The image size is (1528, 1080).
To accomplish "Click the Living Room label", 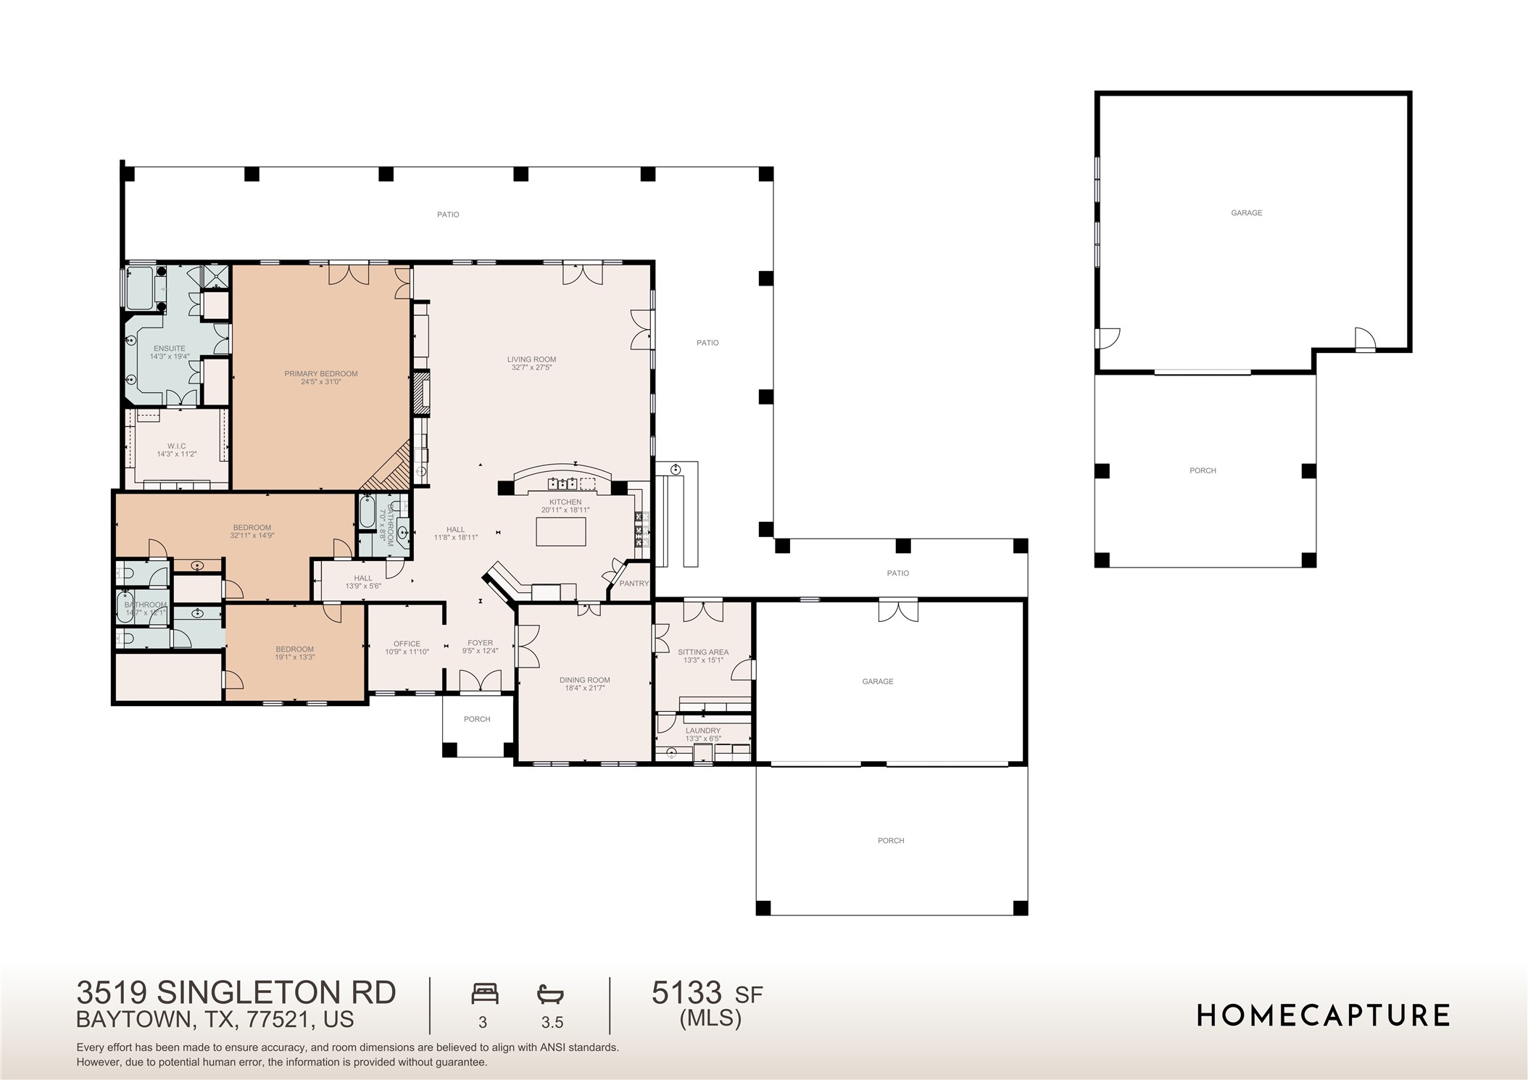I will coord(531,360).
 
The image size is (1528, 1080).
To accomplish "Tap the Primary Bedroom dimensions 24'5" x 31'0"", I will coord(321,382).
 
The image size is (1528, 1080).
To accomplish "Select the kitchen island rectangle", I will coord(561,531).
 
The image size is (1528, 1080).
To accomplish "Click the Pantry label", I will coord(634,583).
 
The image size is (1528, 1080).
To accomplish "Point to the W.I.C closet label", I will coord(177,446).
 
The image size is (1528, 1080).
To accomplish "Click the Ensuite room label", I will coord(169,349).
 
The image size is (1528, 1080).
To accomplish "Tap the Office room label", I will coord(407,644).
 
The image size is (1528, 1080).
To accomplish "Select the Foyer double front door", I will coord(481,681).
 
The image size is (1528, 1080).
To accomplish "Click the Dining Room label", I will coord(584,680).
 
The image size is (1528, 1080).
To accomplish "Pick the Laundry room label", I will coord(702,731).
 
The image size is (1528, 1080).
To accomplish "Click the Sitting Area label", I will coord(702,652).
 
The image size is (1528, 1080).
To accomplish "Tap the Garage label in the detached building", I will coord(1246,213).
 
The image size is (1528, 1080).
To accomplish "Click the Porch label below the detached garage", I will coord(1203,471).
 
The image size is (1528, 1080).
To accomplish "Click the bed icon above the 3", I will coord(485,993).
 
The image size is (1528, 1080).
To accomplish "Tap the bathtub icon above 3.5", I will coord(550,993).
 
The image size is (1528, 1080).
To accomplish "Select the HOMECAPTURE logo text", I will coord(1323,1015).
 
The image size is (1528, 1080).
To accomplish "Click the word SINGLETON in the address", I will coord(275,992).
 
